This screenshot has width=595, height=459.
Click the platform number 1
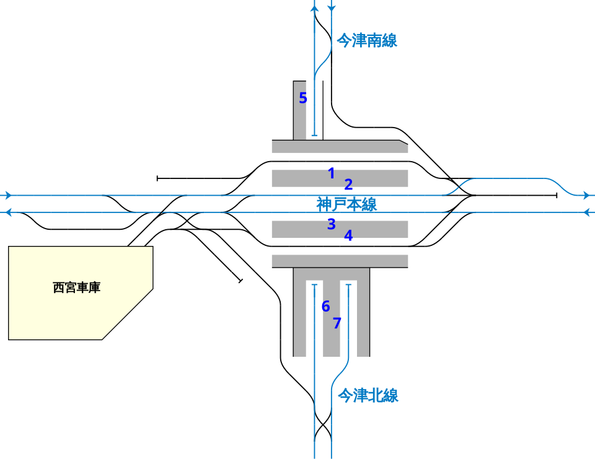click(332, 173)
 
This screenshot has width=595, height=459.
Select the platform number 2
click(348, 184)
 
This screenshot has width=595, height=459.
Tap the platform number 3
click(332, 224)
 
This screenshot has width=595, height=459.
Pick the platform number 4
click(348, 235)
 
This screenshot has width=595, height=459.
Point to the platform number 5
click(303, 98)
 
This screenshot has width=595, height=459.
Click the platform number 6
click(326, 306)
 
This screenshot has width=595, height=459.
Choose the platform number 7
click(337, 323)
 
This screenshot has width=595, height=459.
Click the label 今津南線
click(366, 41)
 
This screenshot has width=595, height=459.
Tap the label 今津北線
click(368, 395)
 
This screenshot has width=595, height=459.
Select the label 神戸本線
click(346, 204)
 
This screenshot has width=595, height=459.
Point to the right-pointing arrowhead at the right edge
click(586, 195)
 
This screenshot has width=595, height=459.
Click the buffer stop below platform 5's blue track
click(314, 136)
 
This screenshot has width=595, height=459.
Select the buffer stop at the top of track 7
click(349, 284)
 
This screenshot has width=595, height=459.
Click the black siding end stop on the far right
click(557, 195)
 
